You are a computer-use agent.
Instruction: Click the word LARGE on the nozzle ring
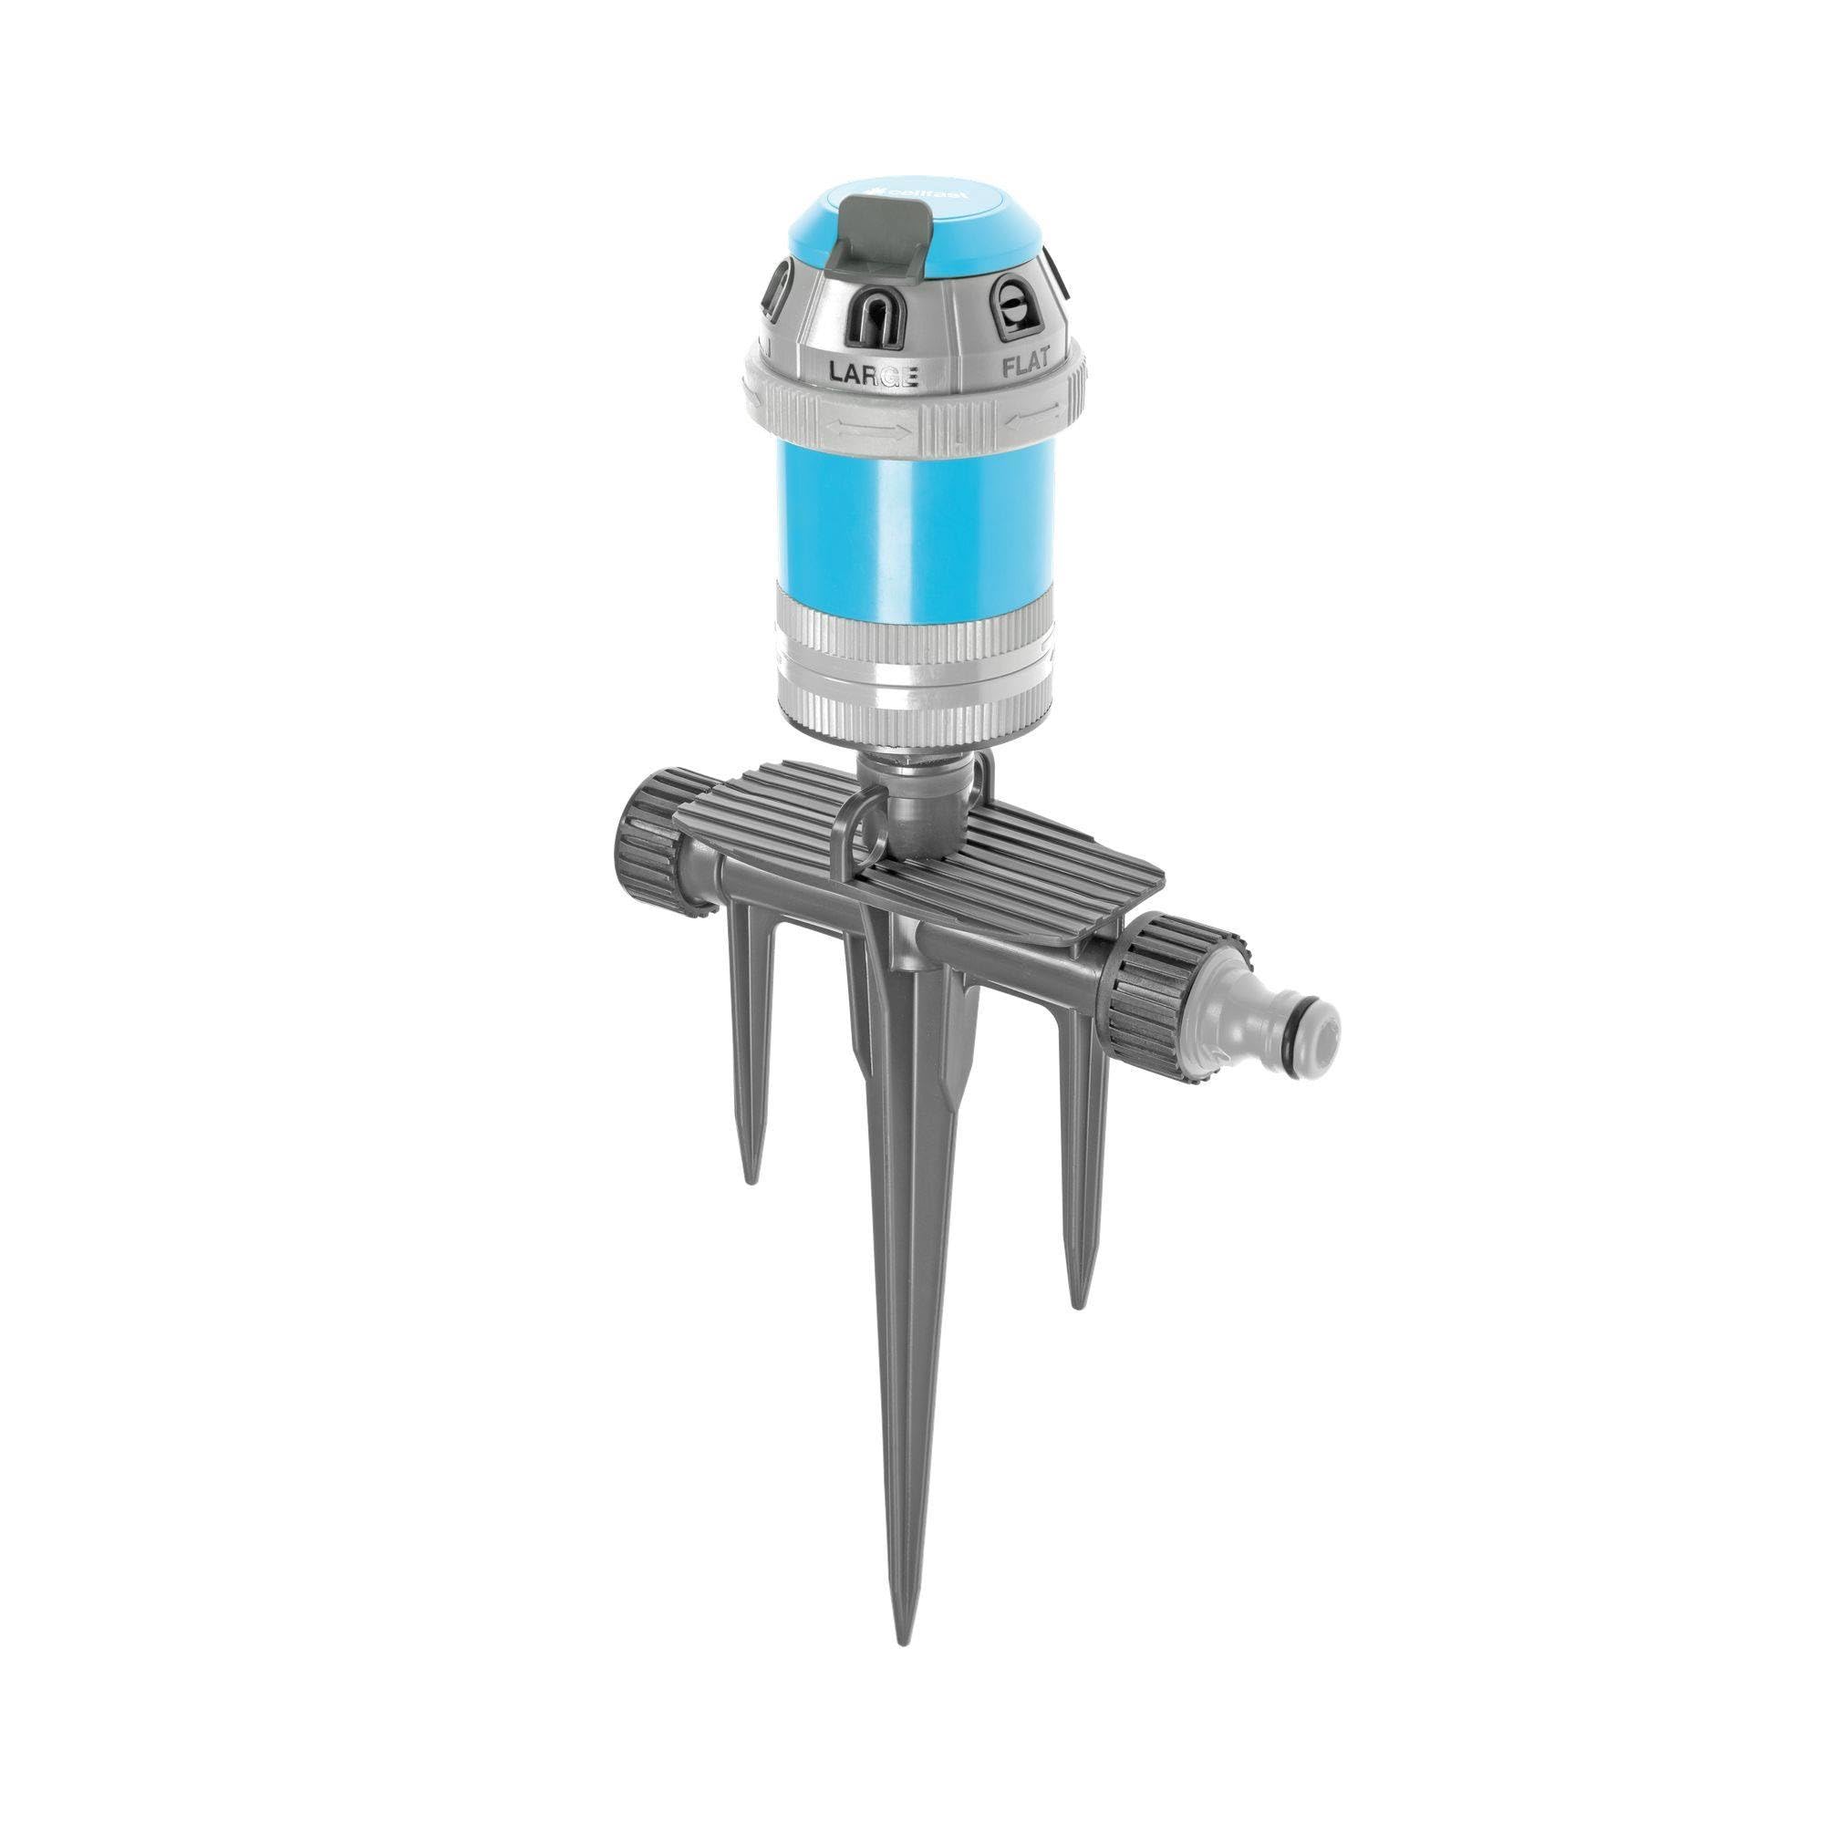[x=873, y=372]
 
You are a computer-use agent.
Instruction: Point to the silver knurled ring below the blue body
[x=911, y=627]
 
